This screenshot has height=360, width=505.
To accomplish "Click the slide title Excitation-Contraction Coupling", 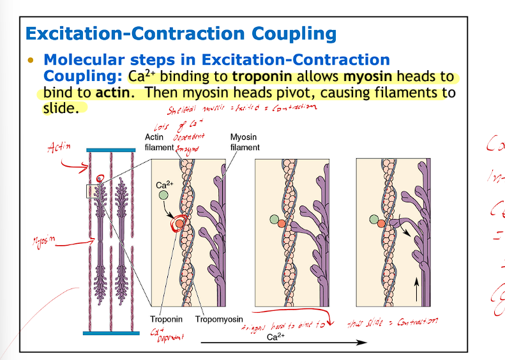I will (180, 33).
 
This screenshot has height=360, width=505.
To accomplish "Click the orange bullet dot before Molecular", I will (29, 60).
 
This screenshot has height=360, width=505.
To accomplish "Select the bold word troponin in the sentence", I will (261, 77).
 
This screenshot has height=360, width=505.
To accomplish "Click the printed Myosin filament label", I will (245, 142).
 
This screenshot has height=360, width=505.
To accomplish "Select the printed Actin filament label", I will (159, 142).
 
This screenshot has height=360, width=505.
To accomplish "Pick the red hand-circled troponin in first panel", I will (179, 224).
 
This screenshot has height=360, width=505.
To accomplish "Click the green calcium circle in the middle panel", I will (275, 220).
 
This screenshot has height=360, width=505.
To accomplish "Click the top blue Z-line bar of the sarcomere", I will (112, 151).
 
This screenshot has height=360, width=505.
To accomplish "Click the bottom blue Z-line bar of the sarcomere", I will (112, 333).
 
